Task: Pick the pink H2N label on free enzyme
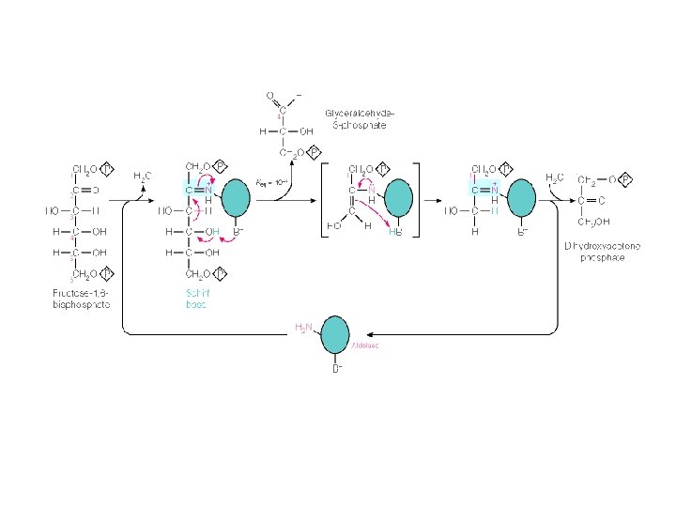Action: (x=304, y=328)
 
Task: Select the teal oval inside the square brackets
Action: (x=396, y=198)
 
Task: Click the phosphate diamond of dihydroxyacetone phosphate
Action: (x=626, y=178)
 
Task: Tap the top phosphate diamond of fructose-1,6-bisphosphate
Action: (x=107, y=170)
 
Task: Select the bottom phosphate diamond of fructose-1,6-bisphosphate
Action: (x=107, y=274)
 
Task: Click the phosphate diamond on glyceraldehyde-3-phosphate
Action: (x=315, y=151)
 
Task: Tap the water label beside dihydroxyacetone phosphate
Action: (x=554, y=177)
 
